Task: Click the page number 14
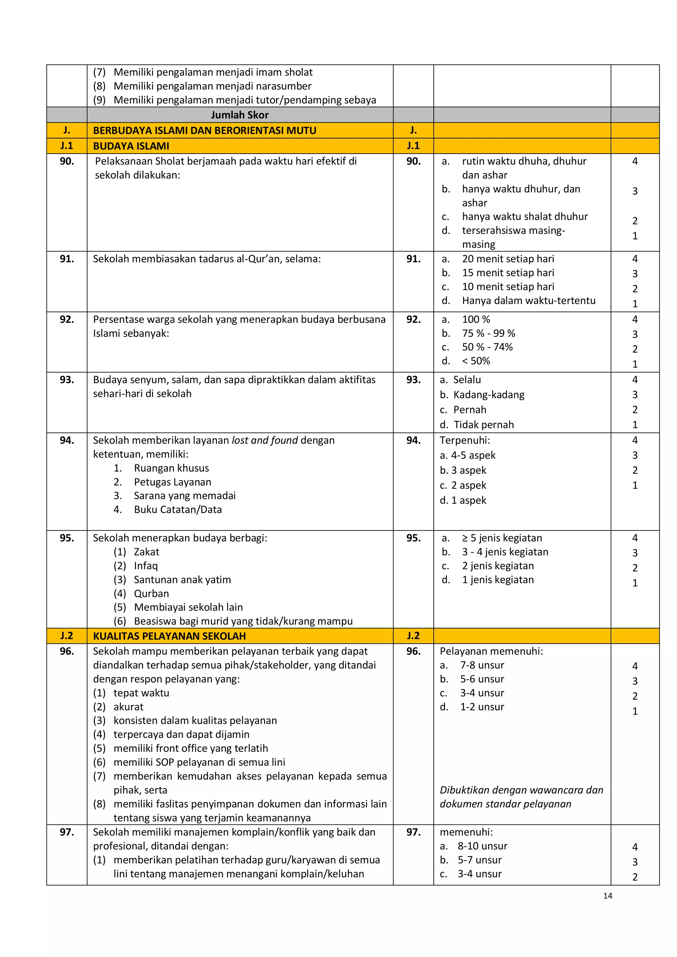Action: (x=607, y=896)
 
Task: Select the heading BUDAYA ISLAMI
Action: (x=131, y=146)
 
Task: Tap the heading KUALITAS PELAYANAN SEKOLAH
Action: (x=169, y=636)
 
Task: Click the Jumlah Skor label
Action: (x=240, y=115)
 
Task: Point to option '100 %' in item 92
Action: (x=476, y=319)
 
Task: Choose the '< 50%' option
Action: (x=476, y=361)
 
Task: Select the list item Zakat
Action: (x=146, y=552)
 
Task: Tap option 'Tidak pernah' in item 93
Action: (x=483, y=425)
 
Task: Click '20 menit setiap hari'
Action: (x=508, y=259)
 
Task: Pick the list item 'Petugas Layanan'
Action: (x=172, y=482)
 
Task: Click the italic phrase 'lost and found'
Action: (x=265, y=440)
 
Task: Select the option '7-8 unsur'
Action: (x=482, y=665)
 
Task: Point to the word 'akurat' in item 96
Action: (x=128, y=707)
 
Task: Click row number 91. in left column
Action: (x=67, y=259)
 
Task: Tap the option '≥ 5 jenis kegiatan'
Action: (x=502, y=538)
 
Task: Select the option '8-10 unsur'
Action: (x=482, y=846)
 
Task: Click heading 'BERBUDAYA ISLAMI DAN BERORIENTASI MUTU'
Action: (x=204, y=131)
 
